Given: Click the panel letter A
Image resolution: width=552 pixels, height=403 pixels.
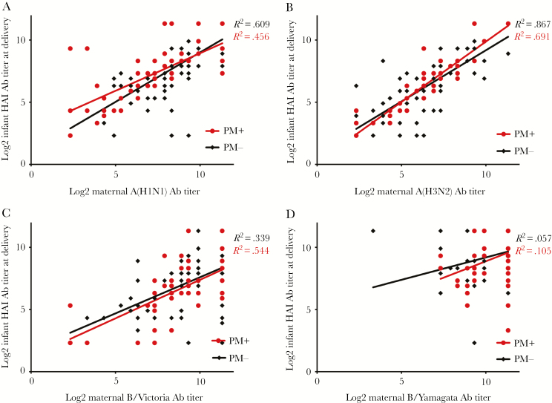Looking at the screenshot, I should click(x=6, y=6).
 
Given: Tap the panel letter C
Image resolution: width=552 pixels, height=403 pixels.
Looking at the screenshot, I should click(x=6, y=213).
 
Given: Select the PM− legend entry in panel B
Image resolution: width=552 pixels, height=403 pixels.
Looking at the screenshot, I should click(x=516, y=151).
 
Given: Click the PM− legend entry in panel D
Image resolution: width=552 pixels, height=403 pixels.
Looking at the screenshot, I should click(x=516, y=358).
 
